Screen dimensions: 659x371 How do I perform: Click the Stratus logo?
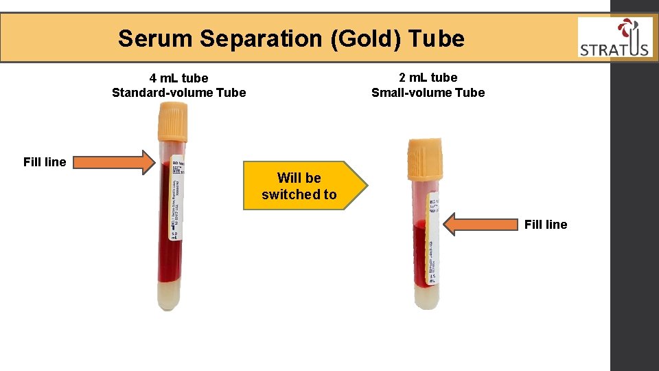click(x=614, y=38)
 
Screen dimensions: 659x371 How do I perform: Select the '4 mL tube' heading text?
click(x=178, y=78)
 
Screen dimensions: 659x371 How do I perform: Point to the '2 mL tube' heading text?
click(x=428, y=78)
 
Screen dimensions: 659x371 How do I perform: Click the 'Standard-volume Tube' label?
click(x=178, y=93)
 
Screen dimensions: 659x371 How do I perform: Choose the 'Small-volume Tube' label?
click(x=428, y=93)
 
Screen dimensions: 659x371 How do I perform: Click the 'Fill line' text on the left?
click(x=45, y=162)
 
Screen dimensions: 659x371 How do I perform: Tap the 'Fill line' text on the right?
click(x=546, y=225)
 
